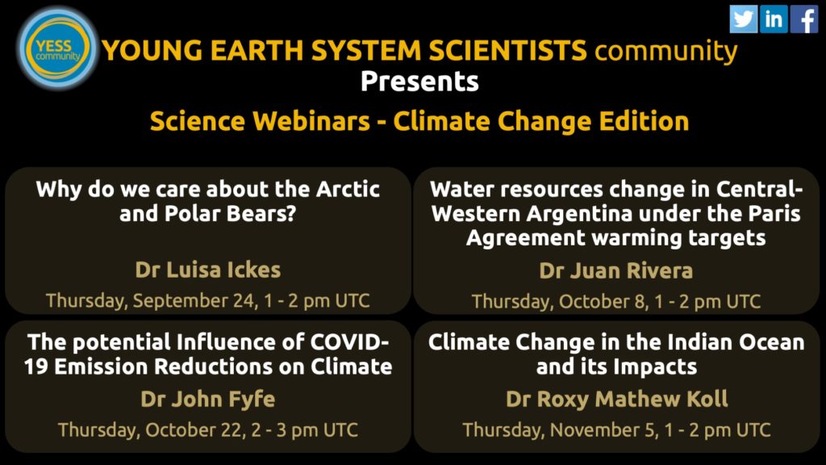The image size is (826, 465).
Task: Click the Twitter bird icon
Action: point(743,19)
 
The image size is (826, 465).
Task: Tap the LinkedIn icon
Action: point(774,19)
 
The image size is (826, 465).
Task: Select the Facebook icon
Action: point(804,19)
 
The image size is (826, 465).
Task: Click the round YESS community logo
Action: point(57,48)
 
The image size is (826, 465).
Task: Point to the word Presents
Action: point(419,82)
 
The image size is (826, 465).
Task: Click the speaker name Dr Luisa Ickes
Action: point(208,270)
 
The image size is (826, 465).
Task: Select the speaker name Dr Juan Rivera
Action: point(615,270)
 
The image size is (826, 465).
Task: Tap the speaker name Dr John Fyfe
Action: point(208,400)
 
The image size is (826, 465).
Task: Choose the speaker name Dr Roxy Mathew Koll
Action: point(617,399)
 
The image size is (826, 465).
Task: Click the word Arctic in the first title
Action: point(348,189)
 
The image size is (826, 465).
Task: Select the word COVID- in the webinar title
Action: point(349,342)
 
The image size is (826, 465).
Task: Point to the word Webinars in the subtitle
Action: point(311,121)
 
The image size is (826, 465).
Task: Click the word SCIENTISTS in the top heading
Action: point(507,51)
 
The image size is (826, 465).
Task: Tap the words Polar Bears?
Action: point(230,213)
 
